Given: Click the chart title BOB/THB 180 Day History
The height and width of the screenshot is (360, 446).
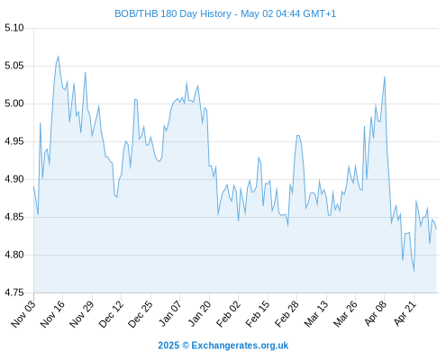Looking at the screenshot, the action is coord(173,13).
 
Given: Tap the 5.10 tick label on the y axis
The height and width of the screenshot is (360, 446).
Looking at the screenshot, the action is coord(14,28).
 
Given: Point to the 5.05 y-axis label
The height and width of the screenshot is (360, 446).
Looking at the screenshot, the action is coord(14,66).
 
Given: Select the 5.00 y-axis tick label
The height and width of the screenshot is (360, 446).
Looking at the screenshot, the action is coord(14,103).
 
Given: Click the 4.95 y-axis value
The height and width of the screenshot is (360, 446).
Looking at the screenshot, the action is coord(14,141).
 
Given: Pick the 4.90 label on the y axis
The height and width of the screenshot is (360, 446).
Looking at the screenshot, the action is coord(14,179).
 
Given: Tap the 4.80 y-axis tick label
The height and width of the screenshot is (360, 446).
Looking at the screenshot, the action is coord(14,255).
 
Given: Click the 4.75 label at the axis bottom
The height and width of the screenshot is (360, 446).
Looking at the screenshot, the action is coord(14,292).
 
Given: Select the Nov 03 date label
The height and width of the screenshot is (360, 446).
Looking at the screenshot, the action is coord(23,314).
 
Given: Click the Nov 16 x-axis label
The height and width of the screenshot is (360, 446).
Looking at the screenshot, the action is coord(53,314).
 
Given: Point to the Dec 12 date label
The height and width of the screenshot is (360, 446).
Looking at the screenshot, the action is coord(112,314).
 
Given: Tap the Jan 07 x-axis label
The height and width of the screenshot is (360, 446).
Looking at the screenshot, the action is coord(170,314).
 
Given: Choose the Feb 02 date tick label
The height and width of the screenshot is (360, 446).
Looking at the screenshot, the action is coord(229,314).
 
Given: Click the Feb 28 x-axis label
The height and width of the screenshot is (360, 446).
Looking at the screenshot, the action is coord(287,314).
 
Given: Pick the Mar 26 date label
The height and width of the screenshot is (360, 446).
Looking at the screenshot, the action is coord(346,314).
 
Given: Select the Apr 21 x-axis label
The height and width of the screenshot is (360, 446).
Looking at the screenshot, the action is coord(405,314).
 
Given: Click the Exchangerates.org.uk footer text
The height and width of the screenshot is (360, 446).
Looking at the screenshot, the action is coord(240,346).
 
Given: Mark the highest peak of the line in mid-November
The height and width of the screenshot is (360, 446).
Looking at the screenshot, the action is coord(58,56).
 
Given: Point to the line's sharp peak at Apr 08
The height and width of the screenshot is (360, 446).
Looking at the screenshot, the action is coord(385,77).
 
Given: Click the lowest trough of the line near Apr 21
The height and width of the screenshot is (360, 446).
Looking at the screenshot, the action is coord(414,271).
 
